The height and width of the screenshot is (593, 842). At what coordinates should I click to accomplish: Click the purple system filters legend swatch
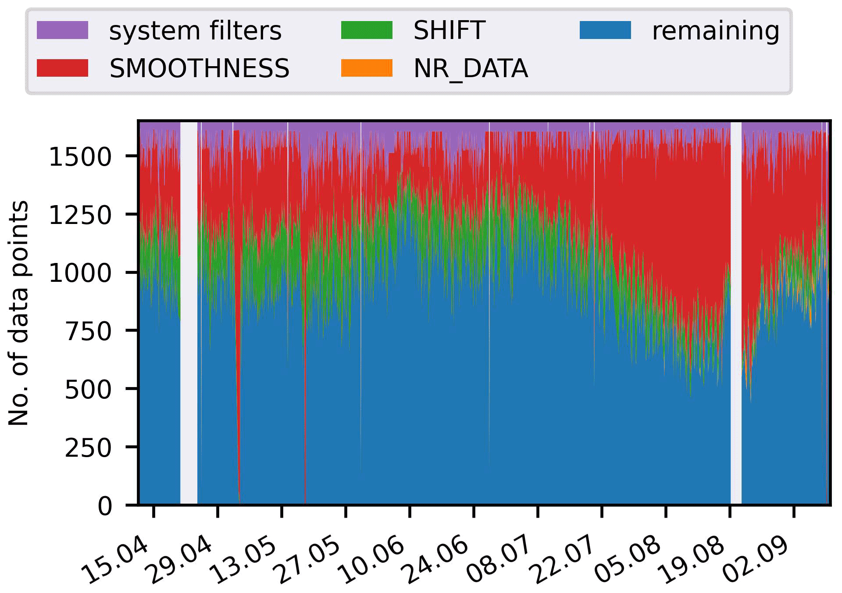pyautogui.click(x=62, y=30)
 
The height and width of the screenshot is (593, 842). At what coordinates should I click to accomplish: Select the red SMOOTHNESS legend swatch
pyautogui.click(x=62, y=68)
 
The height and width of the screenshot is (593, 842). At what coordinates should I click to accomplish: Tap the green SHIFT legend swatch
pyautogui.click(x=367, y=30)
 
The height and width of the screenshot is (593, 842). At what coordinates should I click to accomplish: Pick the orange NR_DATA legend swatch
pyautogui.click(x=367, y=68)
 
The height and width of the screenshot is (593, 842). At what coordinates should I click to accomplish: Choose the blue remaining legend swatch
pyautogui.click(x=605, y=30)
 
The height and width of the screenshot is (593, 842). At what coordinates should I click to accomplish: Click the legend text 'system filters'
pyautogui.click(x=195, y=31)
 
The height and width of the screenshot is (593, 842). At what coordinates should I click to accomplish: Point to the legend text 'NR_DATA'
pyautogui.click(x=471, y=69)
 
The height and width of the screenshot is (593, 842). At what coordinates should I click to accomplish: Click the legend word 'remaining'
pyautogui.click(x=716, y=31)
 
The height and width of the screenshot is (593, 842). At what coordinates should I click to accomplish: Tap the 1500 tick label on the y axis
pyautogui.click(x=80, y=157)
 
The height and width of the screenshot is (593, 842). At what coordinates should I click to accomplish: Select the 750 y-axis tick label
pyautogui.click(x=89, y=331)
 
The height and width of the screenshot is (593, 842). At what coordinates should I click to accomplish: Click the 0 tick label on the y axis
pyautogui.click(x=105, y=506)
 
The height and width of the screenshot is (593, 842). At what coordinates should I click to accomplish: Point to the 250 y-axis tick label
pyautogui.click(x=89, y=448)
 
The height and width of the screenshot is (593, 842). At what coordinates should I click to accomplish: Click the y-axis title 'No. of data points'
pyautogui.click(x=19, y=313)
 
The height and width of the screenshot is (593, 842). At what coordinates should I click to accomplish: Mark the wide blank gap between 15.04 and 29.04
pyautogui.click(x=189, y=307)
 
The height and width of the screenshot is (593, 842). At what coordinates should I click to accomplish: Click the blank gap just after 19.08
pyautogui.click(x=736, y=307)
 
